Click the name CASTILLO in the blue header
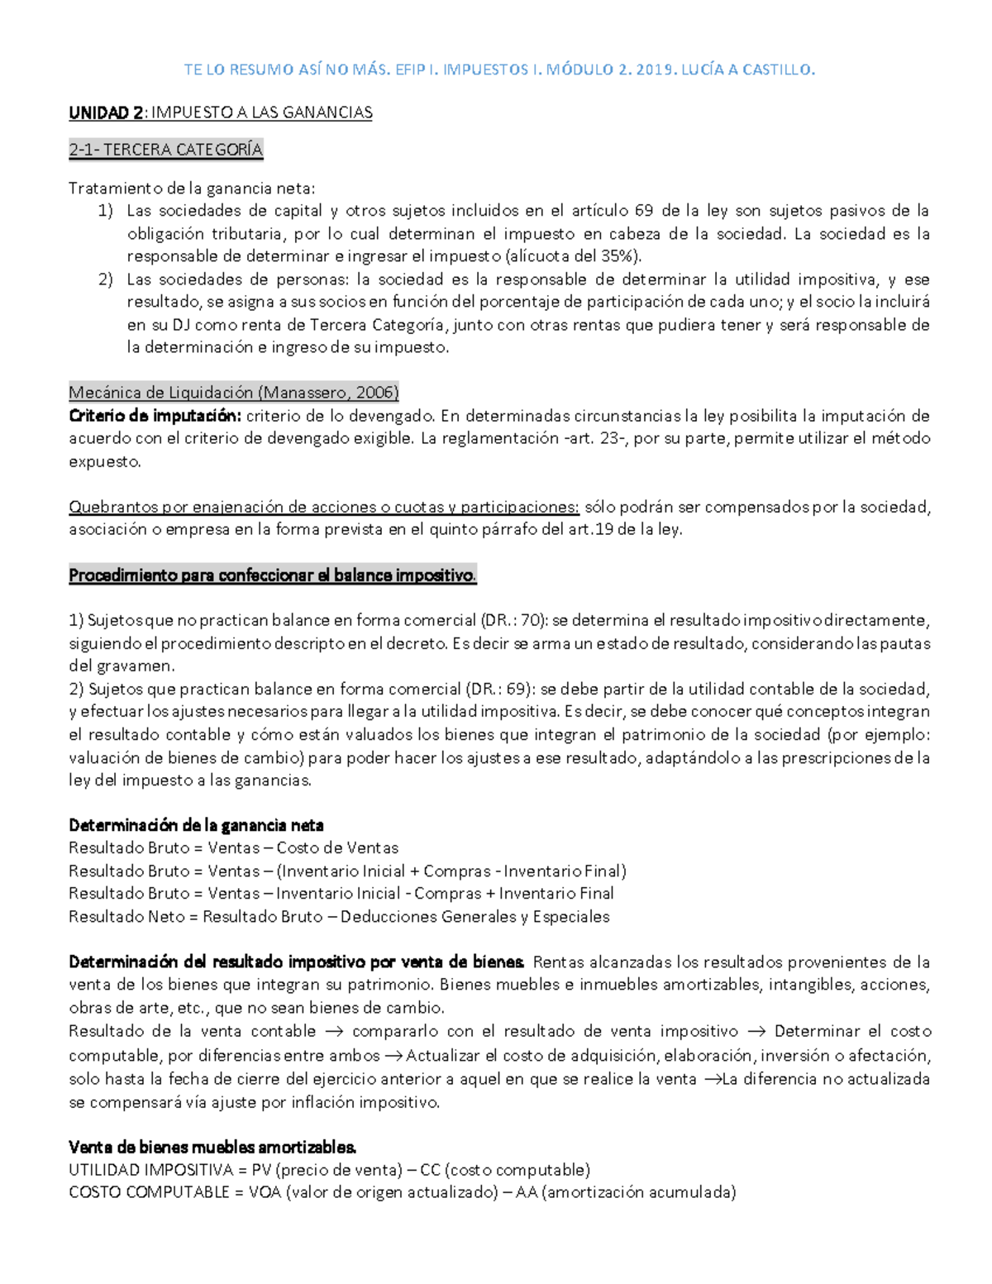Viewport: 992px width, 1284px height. click(x=778, y=69)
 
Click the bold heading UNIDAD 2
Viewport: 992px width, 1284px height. click(x=105, y=112)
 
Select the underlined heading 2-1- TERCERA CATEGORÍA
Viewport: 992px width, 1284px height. click(x=165, y=150)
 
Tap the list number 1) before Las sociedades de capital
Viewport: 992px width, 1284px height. click(x=105, y=211)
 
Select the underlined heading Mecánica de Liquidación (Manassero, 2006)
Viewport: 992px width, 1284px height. click(x=234, y=392)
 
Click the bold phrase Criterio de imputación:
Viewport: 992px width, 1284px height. click(x=155, y=415)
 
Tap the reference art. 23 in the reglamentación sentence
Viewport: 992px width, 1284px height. click(x=594, y=438)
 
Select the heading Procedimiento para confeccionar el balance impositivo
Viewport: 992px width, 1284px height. click(x=272, y=575)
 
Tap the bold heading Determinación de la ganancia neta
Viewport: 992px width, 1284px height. click(x=196, y=825)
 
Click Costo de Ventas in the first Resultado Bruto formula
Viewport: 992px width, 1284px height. click(x=337, y=848)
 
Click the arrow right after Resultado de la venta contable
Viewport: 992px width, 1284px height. click(x=334, y=1032)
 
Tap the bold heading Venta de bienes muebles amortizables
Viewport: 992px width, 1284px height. click(x=212, y=1148)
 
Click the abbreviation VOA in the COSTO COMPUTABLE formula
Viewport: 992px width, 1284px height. click(x=264, y=1192)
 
